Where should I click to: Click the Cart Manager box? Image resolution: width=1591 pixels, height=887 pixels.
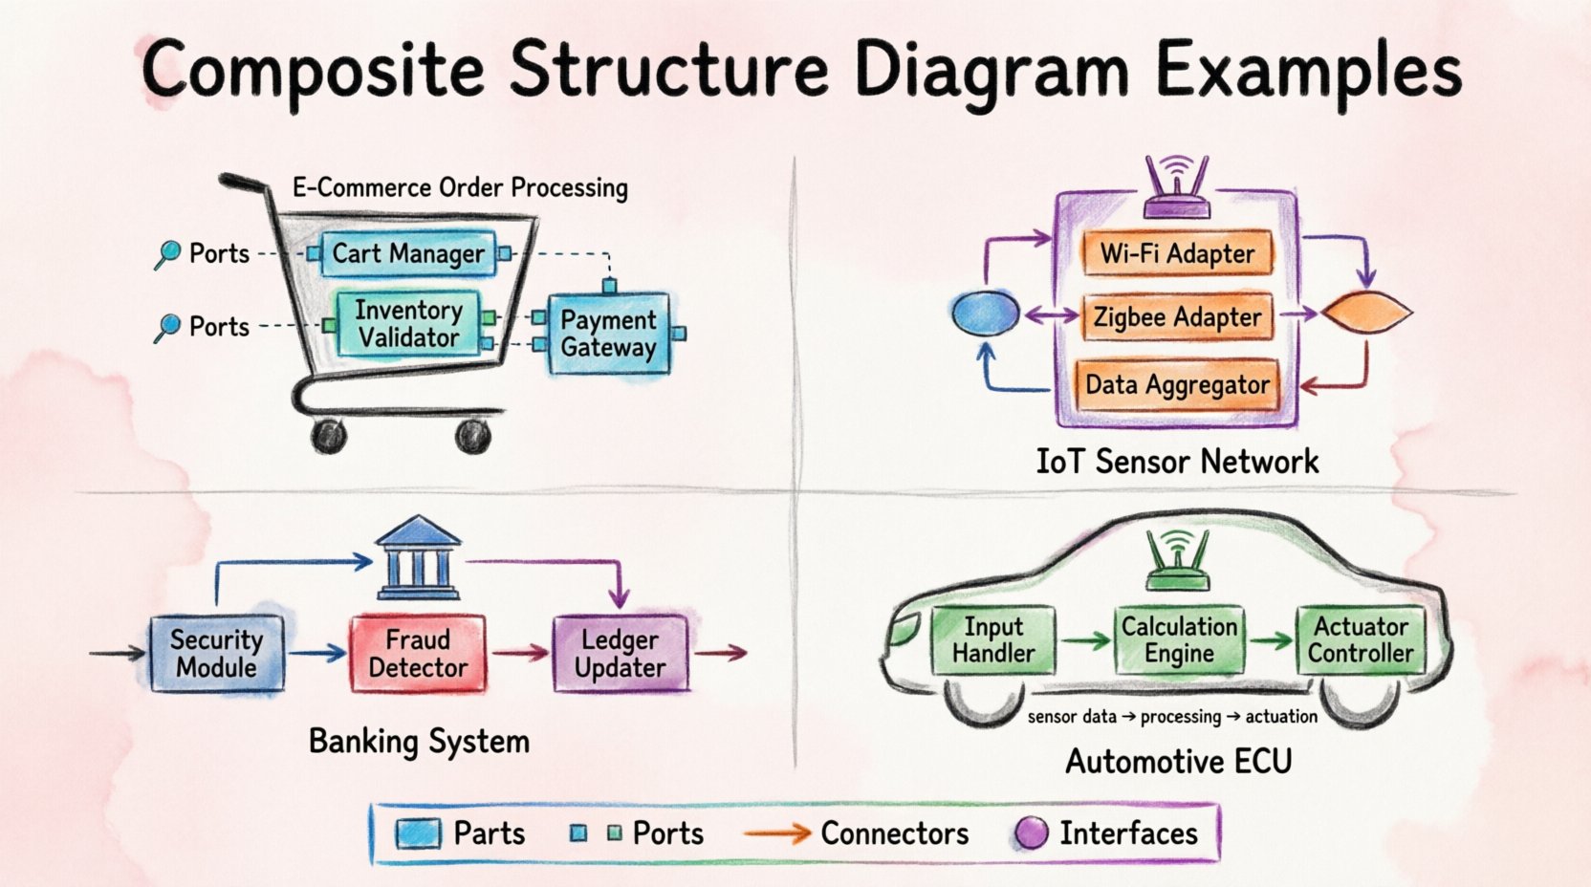(x=408, y=254)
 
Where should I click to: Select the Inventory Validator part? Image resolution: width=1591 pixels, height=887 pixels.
(x=408, y=325)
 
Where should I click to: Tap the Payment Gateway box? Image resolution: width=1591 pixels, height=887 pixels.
(x=608, y=334)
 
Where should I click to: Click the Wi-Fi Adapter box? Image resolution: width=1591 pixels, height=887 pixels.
(x=1177, y=254)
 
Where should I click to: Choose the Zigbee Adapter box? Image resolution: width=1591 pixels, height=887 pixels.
(x=1177, y=317)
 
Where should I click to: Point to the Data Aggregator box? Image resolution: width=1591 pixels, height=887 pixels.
(x=1177, y=385)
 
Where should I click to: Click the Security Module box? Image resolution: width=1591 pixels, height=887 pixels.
(x=217, y=654)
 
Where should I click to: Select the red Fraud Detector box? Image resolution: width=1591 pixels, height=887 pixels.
(x=418, y=654)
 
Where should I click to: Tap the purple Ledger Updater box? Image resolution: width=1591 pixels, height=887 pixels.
(x=621, y=654)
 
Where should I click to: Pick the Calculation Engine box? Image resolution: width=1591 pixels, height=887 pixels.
(x=1179, y=640)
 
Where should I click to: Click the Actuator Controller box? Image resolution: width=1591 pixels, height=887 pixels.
(x=1361, y=640)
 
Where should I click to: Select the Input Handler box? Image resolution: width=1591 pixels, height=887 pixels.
(x=993, y=640)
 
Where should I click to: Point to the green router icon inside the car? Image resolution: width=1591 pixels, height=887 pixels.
(x=1177, y=561)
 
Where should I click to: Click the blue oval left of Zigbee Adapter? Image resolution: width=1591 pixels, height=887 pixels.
(x=986, y=314)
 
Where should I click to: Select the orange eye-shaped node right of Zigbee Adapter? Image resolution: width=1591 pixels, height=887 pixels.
(x=1366, y=313)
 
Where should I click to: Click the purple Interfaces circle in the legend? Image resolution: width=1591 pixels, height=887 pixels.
(x=1031, y=833)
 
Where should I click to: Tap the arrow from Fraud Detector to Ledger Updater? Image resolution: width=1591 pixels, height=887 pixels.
(x=519, y=654)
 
